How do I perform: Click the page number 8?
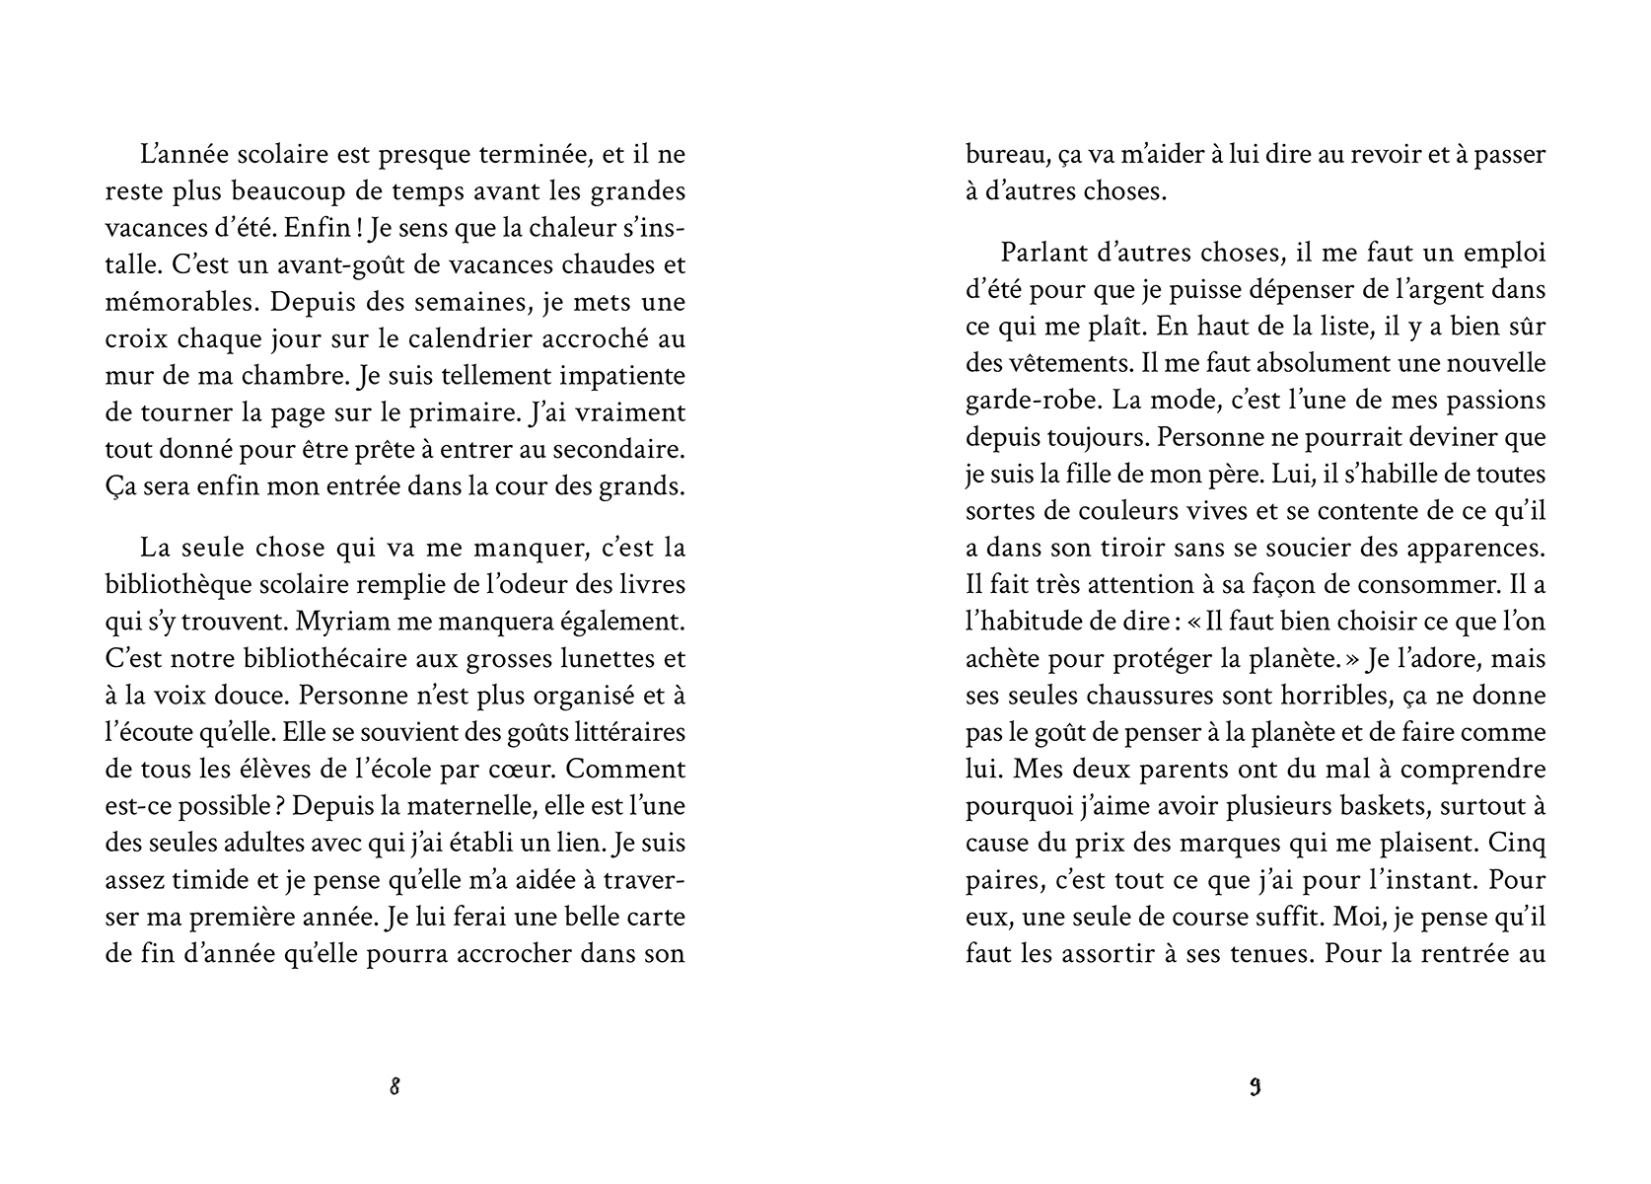(x=395, y=1087)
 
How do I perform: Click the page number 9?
(x=1255, y=1087)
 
